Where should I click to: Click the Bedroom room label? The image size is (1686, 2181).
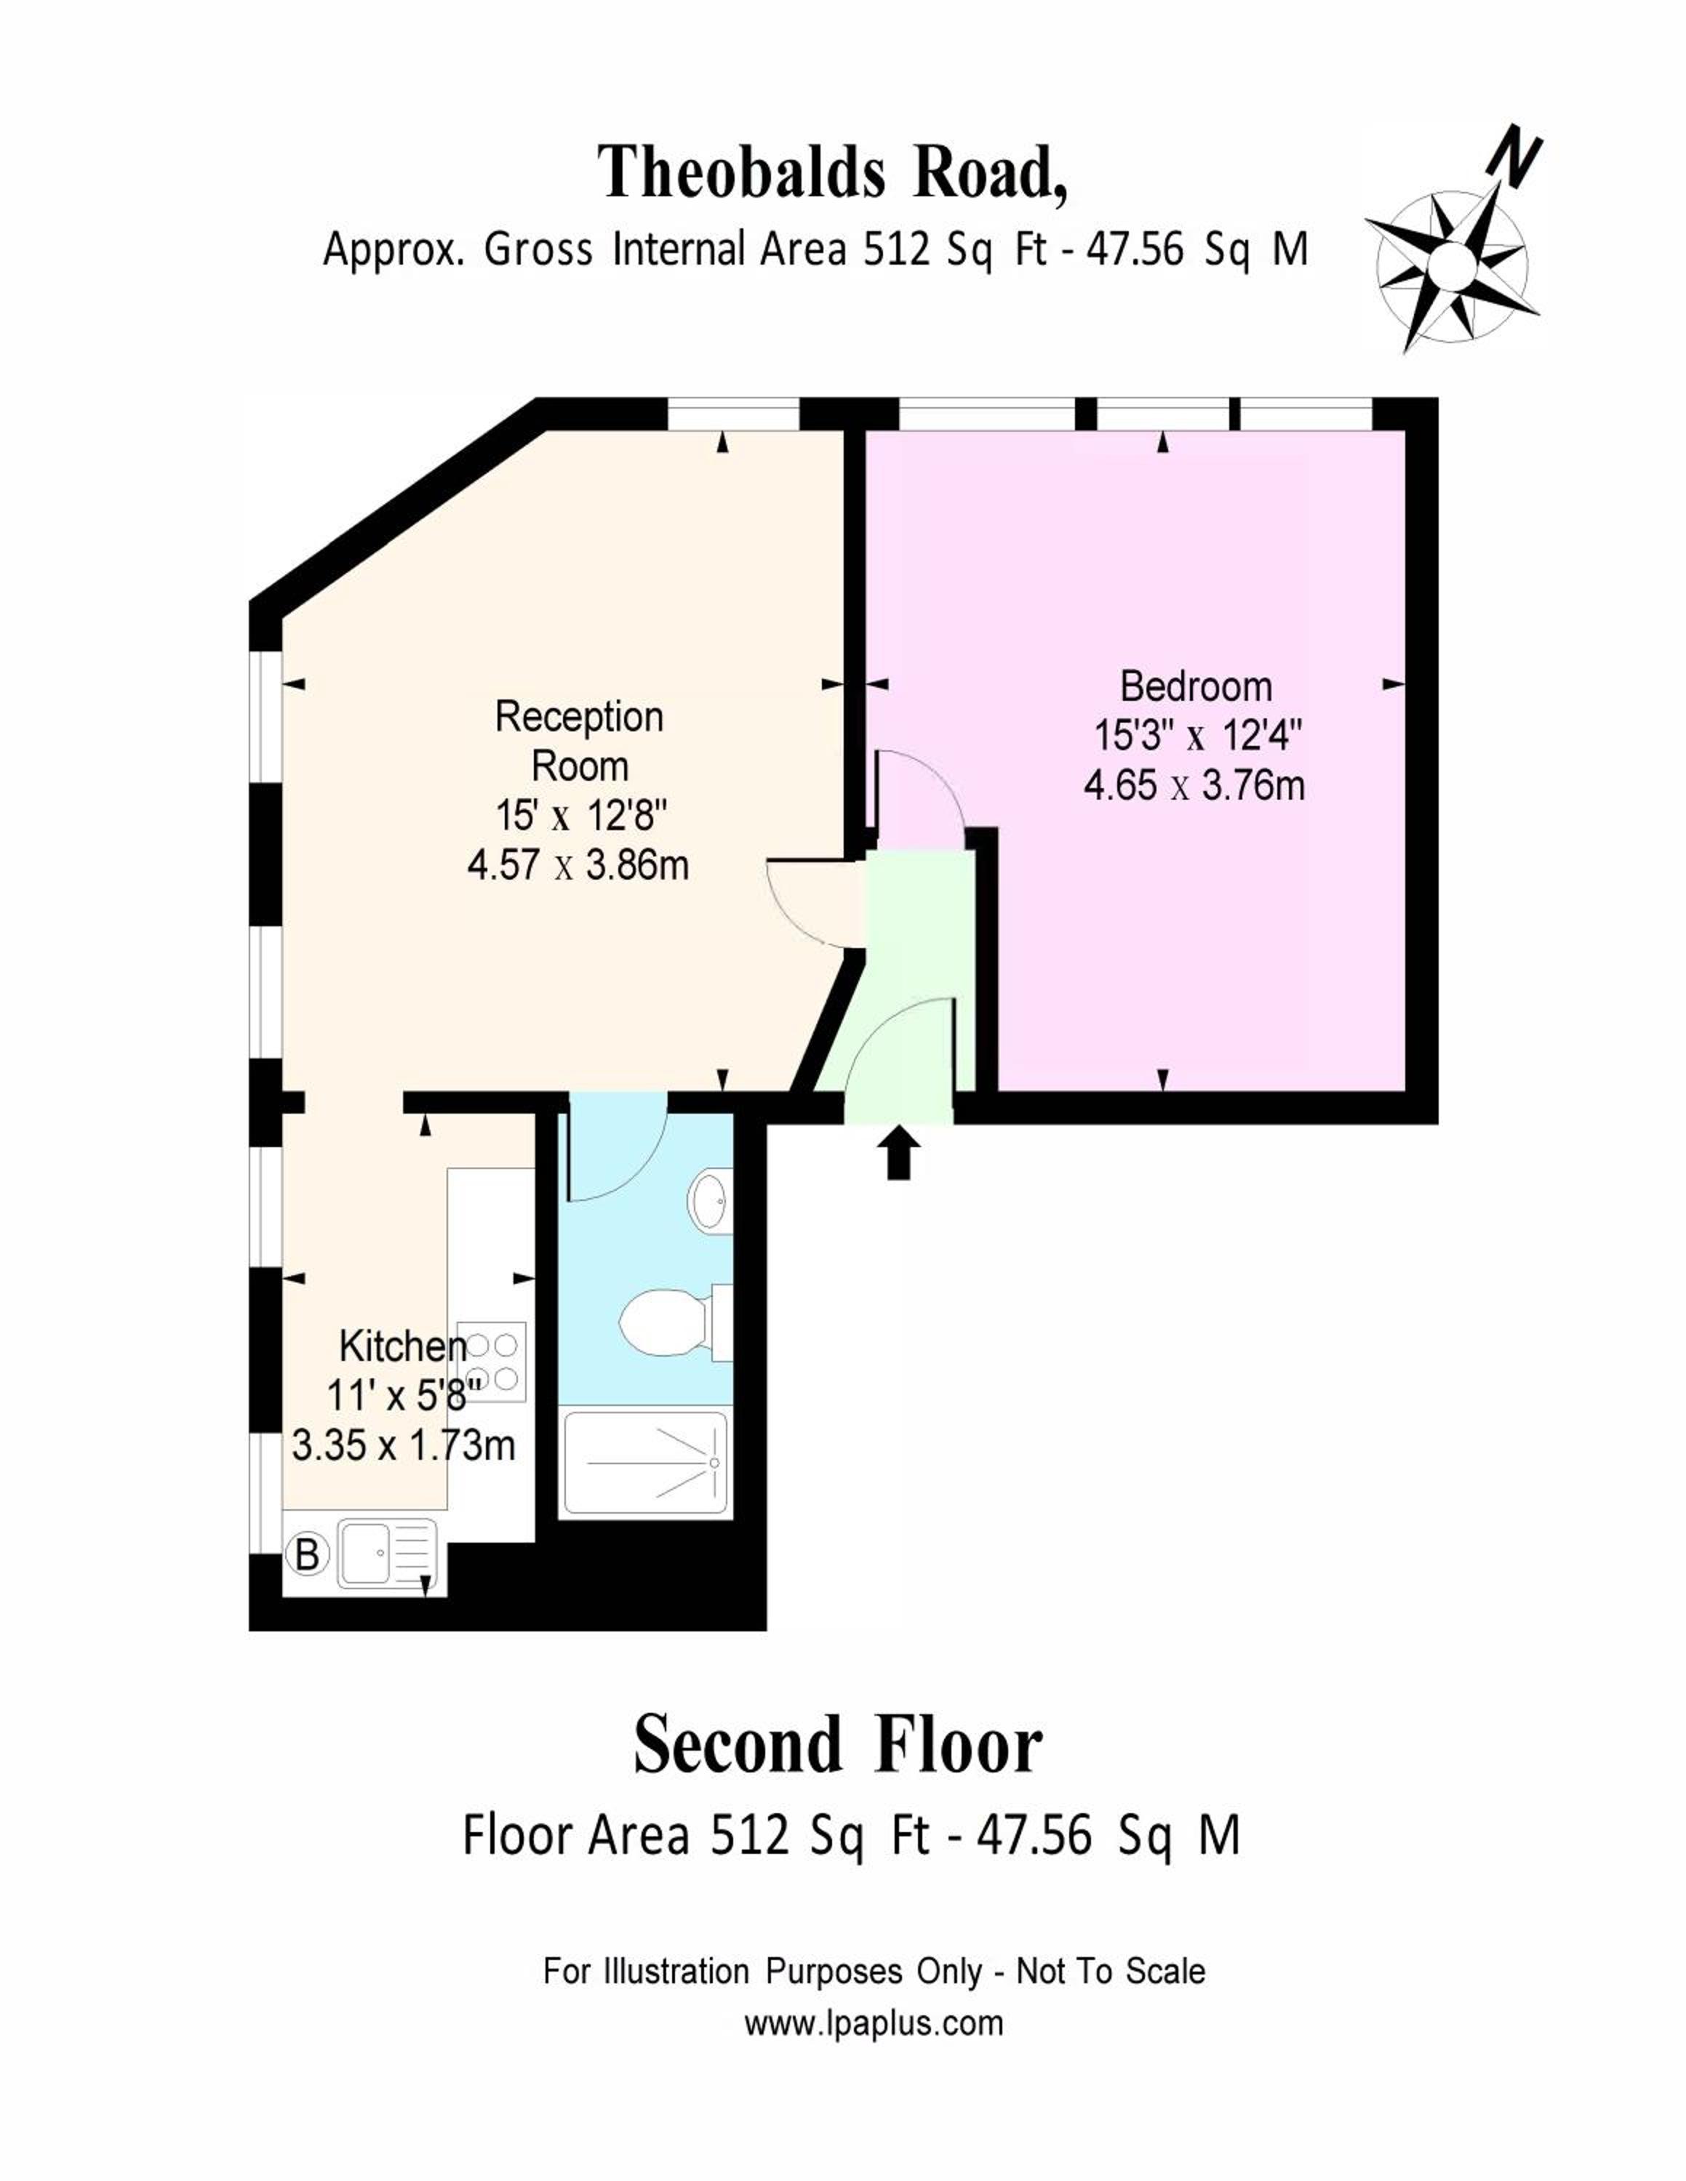[x=1196, y=687]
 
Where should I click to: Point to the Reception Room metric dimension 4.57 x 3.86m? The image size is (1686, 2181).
[x=578, y=865]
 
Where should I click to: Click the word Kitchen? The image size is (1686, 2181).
[x=402, y=1347]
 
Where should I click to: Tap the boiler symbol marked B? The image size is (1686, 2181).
[x=308, y=1554]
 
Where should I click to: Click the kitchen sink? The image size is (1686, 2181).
[x=388, y=1554]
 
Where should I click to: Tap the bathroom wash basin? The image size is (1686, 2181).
[x=710, y=1200]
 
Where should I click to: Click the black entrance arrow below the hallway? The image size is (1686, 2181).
[x=900, y=1152]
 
